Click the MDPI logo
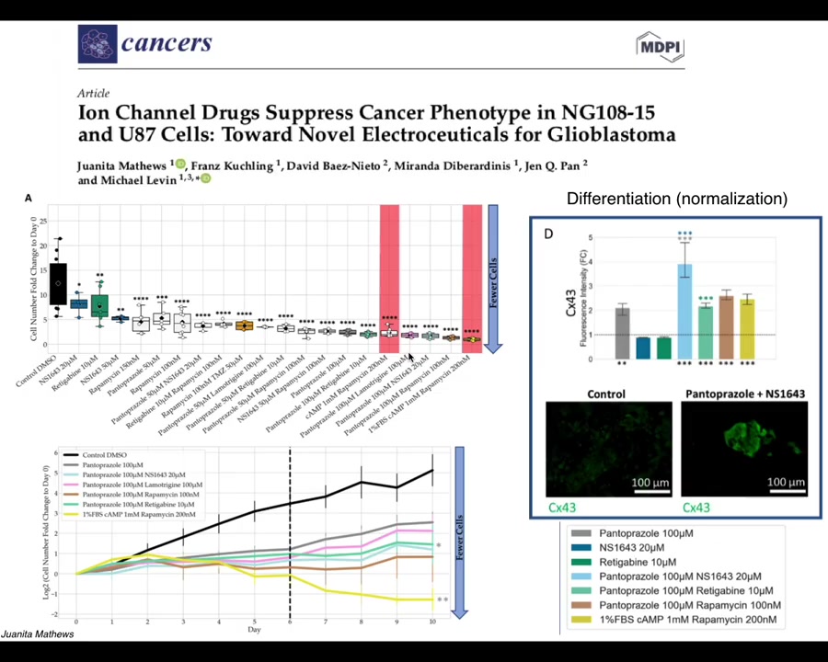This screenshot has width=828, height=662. (x=660, y=47)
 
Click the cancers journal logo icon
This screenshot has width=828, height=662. (x=98, y=44)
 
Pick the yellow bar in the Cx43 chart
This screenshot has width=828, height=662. (x=747, y=328)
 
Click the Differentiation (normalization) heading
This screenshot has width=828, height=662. (x=676, y=199)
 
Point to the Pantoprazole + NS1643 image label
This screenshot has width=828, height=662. (x=744, y=394)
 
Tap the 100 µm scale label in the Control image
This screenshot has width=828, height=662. (x=650, y=482)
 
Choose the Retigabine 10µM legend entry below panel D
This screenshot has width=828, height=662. (x=637, y=562)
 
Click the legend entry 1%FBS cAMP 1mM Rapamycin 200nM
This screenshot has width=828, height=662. (x=687, y=619)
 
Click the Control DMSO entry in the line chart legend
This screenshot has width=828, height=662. (x=105, y=455)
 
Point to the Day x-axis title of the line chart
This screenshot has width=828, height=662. (x=254, y=630)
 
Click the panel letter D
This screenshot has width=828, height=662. (x=548, y=234)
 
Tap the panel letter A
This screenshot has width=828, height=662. (x=29, y=199)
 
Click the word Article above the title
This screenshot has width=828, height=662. (x=93, y=93)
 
